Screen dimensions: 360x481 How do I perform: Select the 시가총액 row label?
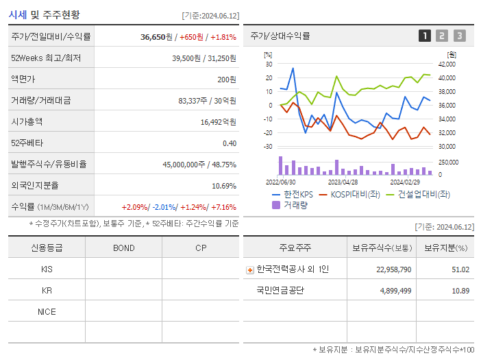[27, 121]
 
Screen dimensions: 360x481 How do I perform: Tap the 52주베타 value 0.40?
[229, 143]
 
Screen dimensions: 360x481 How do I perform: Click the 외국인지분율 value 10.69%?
[224, 185]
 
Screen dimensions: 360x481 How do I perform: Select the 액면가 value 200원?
[227, 79]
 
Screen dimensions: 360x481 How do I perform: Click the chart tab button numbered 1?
[425, 36]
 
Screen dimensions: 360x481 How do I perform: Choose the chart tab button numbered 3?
[459, 36]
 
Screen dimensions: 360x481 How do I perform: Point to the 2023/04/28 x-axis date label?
[343, 182]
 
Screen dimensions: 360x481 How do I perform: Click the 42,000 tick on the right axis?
[447, 64]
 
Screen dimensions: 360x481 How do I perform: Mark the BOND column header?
[123, 248]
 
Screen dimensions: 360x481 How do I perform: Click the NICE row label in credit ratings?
[47, 311]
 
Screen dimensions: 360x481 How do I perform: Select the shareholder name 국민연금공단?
[280, 290]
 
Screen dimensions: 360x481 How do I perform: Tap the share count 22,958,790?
[393, 269]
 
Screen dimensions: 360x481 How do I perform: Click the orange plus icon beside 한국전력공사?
[249, 269]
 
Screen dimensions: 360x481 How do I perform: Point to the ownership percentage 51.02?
[460, 269]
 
